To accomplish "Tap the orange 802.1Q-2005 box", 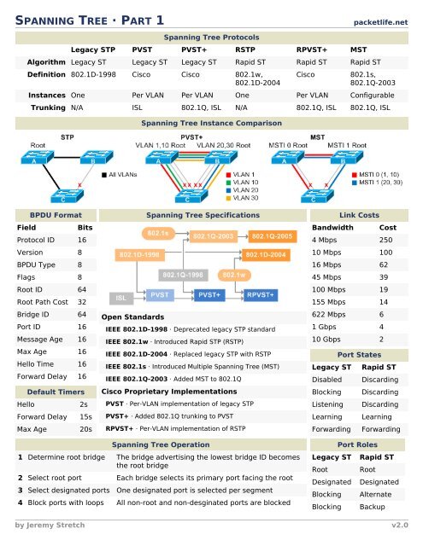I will point(273,236).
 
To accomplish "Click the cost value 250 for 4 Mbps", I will point(386,241).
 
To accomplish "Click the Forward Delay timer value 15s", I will point(85,416).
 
